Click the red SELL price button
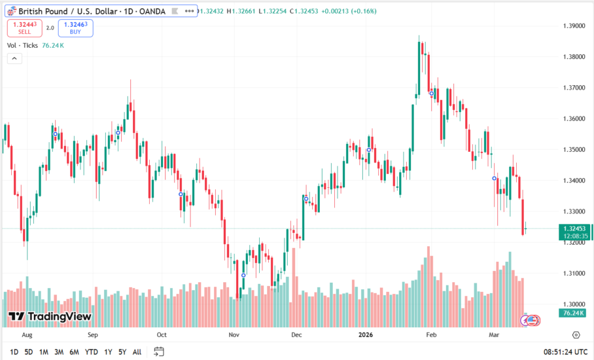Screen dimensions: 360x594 click(x=25, y=27)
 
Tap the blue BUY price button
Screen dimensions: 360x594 click(x=75, y=27)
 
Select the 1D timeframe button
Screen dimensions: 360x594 click(x=14, y=351)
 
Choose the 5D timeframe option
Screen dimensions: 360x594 click(x=29, y=351)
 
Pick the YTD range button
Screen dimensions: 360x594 click(x=91, y=351)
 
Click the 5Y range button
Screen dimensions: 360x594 click(x=122, y=351)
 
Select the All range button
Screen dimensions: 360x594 click(x=137, y=351)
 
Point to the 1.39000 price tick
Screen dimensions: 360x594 click(x=574, y=26)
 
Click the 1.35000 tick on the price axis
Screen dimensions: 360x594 click(x=574, y=149)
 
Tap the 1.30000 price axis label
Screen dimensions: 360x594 click(x=574, y=304)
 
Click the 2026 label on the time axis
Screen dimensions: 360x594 click(x=366, y=334)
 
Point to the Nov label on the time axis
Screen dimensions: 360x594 click(x=234, y=334)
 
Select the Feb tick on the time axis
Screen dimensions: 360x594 click(x=430, y=334)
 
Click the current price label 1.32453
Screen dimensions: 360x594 click(x=574, y=228)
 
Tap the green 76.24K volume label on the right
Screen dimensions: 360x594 click(x=574, y=314)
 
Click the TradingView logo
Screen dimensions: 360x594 click(x=50, y=317)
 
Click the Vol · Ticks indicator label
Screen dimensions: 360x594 click(x=23, y=45)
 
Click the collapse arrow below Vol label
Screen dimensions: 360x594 click(x=14, y=58)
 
